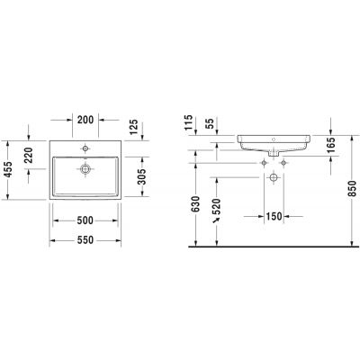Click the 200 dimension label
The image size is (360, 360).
(85, 120)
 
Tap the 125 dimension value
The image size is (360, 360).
(134, 127)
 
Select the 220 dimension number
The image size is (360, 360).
(29, 155)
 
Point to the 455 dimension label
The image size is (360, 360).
(8, 169)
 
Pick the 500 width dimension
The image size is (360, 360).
(85, 220)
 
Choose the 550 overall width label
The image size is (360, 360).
(85, 240)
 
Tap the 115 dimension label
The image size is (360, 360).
(188, 122)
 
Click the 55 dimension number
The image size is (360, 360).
(211, 123)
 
